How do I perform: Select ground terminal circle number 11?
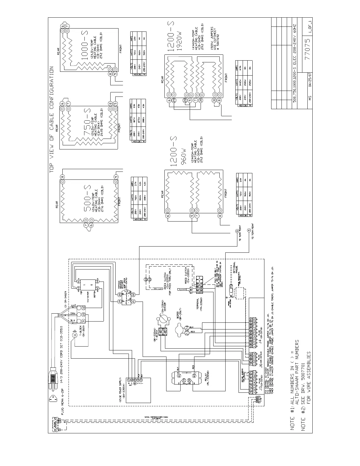[x=75, y=335]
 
